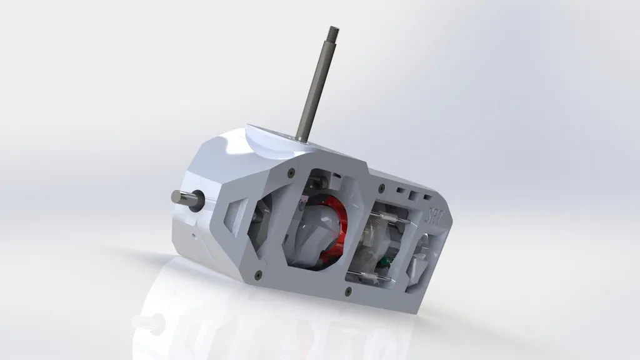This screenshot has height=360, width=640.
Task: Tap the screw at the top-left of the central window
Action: (291, 171)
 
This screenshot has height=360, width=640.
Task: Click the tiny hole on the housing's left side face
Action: (193, 236)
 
